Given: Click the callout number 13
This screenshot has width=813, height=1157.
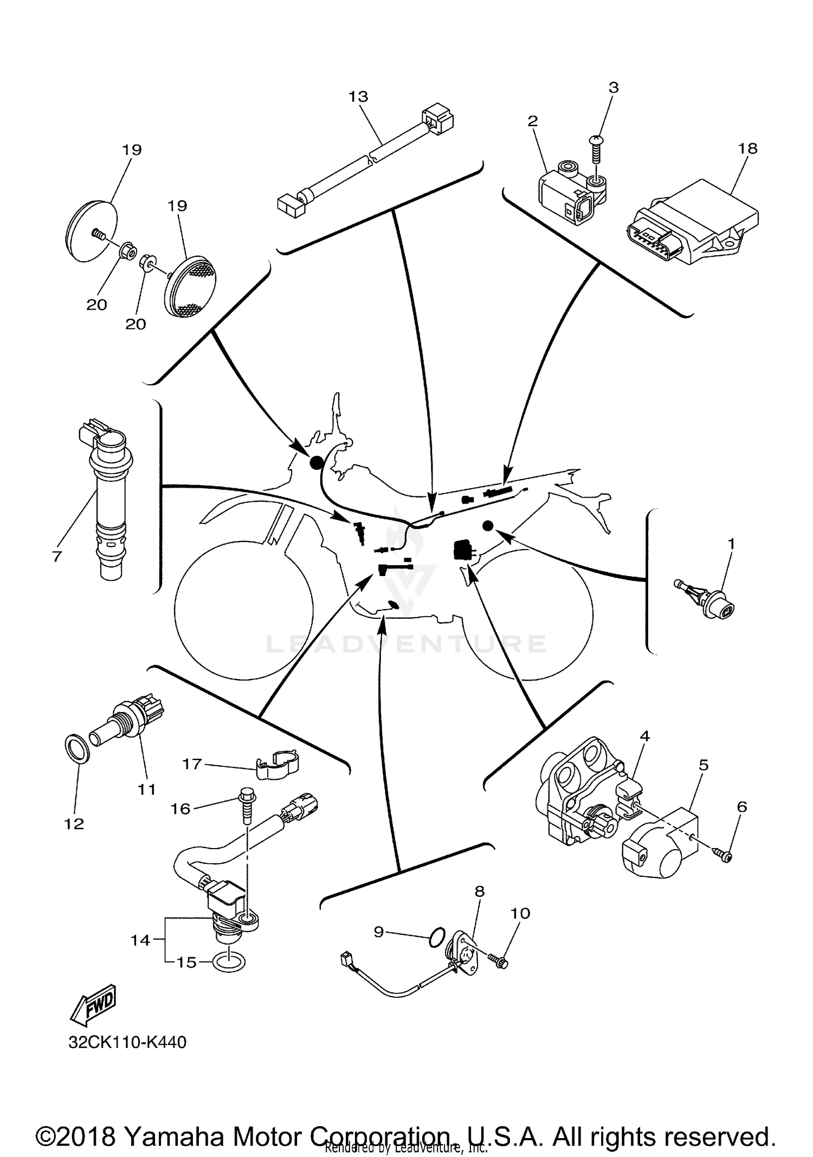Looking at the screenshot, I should [x=358, y=96].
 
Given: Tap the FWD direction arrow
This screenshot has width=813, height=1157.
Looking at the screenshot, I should [x=93, y=1002].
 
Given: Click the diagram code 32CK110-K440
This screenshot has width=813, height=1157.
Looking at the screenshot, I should [x=127, y=1042].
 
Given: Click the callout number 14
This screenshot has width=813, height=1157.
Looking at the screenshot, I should [x=140, y=940].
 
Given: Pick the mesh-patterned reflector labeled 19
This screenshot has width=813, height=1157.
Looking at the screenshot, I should [x=191, y=288].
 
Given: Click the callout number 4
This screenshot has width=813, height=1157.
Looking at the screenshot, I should [x=644, y=736].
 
